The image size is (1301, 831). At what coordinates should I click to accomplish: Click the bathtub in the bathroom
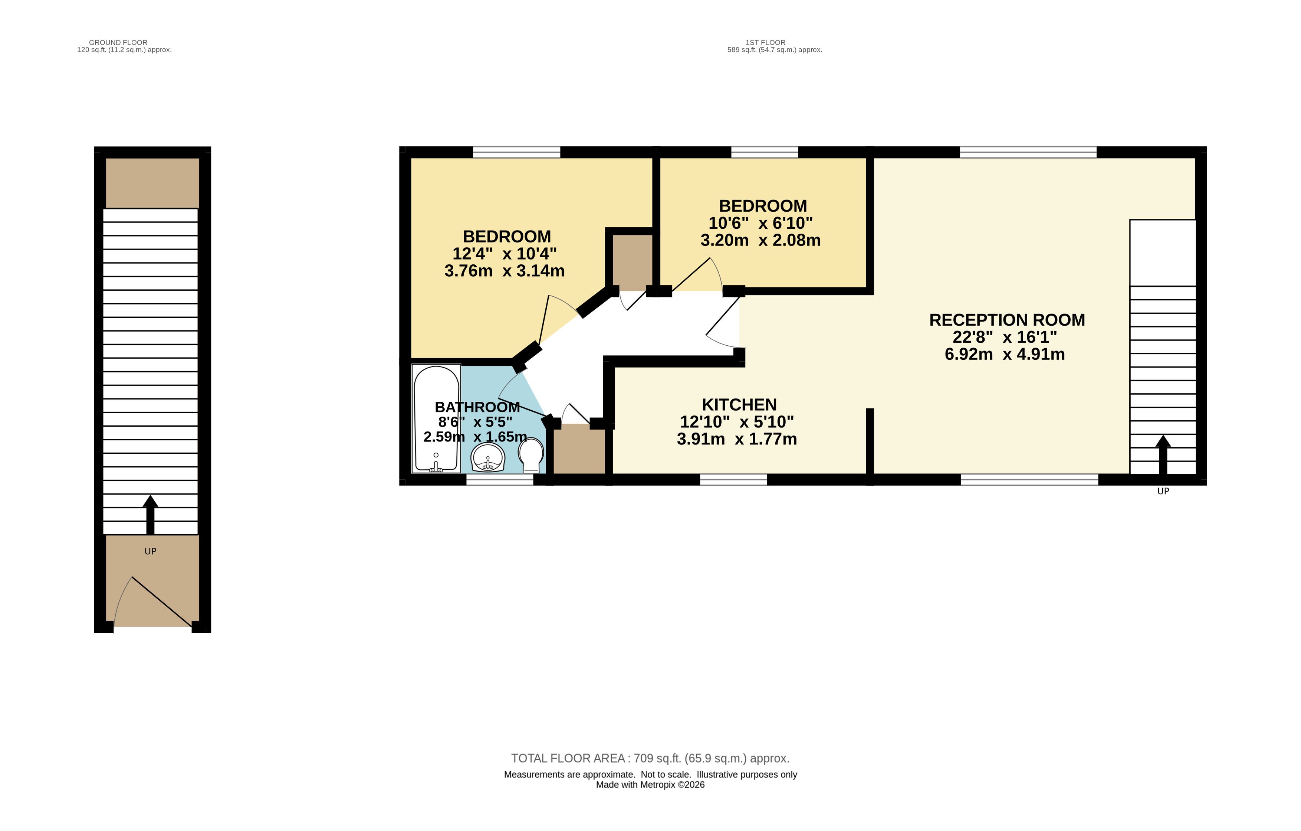437,418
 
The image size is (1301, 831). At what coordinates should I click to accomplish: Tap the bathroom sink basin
488,457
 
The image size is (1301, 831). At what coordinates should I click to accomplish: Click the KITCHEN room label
739,404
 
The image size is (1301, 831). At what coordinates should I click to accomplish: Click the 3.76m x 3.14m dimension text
505,271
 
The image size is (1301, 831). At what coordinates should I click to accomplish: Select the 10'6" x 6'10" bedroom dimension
761,223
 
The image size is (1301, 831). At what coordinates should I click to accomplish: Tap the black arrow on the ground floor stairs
150,515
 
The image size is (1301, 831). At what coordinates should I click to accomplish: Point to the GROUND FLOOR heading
118,42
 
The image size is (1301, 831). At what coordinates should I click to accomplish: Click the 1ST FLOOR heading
766,42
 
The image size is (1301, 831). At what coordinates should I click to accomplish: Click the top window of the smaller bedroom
765,152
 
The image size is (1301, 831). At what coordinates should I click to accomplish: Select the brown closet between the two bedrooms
632,262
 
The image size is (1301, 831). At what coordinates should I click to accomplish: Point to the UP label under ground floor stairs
150,551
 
